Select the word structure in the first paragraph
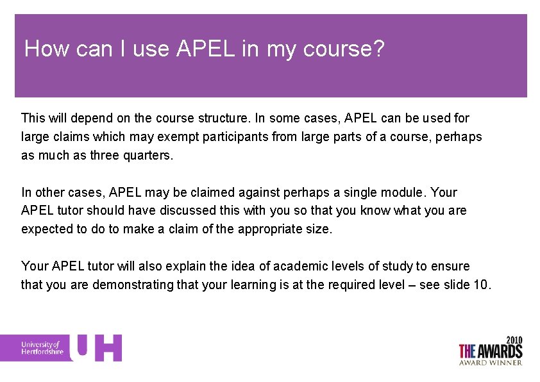click(x=223, y=118)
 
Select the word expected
click(x=46, y=229)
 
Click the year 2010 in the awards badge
click(x=514, y=340)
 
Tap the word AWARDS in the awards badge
click(x=500, y=351)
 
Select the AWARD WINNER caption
click(x=491, y=363)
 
